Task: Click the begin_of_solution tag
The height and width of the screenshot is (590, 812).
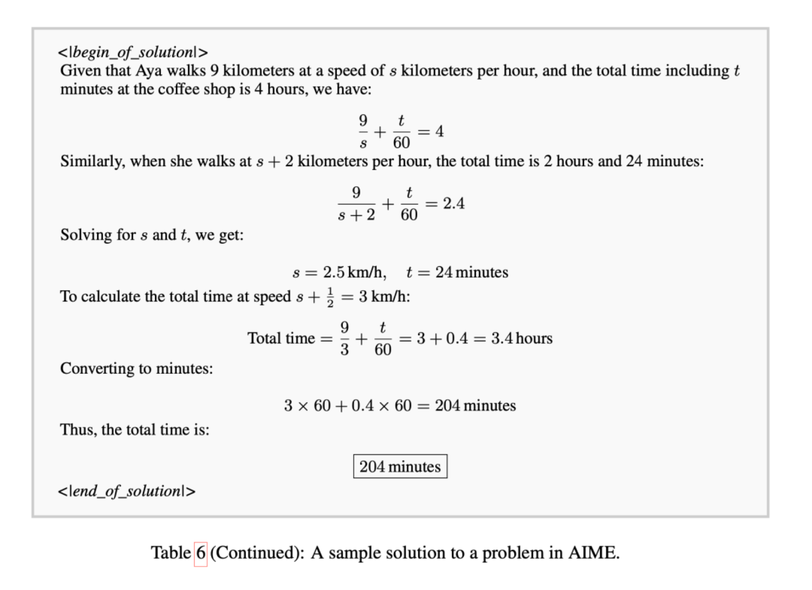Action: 133,52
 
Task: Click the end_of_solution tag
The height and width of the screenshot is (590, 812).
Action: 126,491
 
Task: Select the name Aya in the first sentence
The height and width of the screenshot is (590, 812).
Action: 148,71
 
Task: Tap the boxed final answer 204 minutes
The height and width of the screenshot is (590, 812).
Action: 400,466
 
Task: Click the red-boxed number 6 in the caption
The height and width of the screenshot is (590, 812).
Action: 200,553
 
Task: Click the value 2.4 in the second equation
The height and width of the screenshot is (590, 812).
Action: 453,203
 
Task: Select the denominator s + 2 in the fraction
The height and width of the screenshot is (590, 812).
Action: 357,215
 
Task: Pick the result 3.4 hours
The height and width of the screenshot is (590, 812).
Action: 522,338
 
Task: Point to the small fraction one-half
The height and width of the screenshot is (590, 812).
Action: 330,297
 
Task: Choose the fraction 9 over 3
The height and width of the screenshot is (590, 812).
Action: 344,338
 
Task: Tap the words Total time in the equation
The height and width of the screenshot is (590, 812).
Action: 281,338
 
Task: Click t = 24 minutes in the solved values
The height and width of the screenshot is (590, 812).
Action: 457,272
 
